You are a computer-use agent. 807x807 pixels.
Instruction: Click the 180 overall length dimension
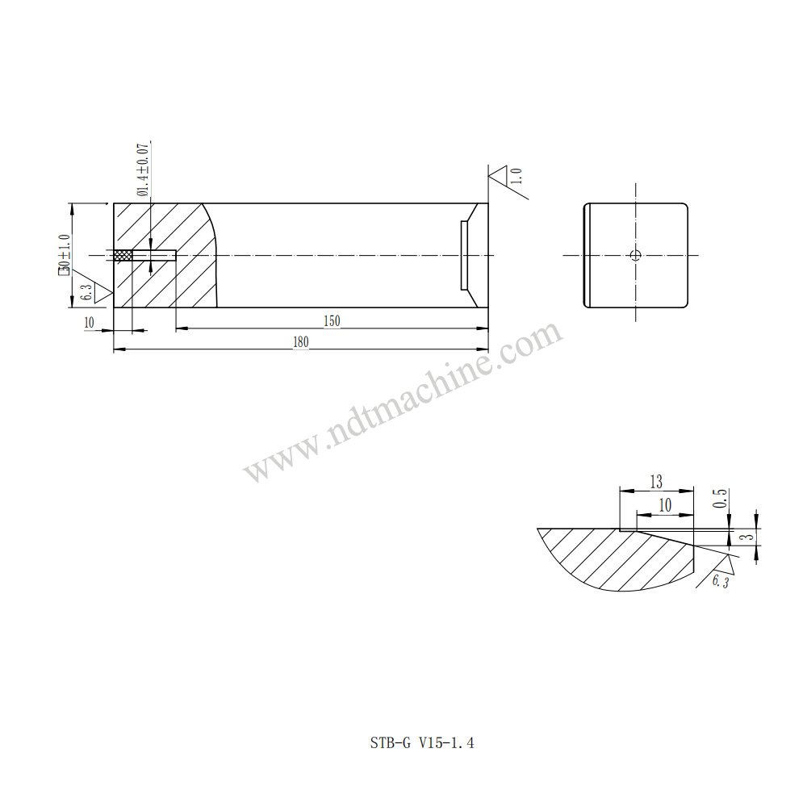point(301,341)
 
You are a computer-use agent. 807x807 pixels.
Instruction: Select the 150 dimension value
point(332,321)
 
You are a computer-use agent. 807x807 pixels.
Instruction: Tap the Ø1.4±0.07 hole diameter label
point(143,169)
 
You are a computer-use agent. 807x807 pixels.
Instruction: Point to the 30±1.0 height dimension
point(65,255)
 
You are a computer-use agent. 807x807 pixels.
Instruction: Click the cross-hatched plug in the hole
point(123,255)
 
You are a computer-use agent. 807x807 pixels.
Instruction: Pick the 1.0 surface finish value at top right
point(517,175)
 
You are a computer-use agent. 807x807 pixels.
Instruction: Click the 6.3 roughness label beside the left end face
point(87,292)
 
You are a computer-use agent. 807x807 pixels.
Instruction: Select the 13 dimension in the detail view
point(656,483)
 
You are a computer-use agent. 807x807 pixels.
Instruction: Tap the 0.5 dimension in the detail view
point(721,498)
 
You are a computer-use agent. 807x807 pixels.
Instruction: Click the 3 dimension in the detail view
point(750,537)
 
